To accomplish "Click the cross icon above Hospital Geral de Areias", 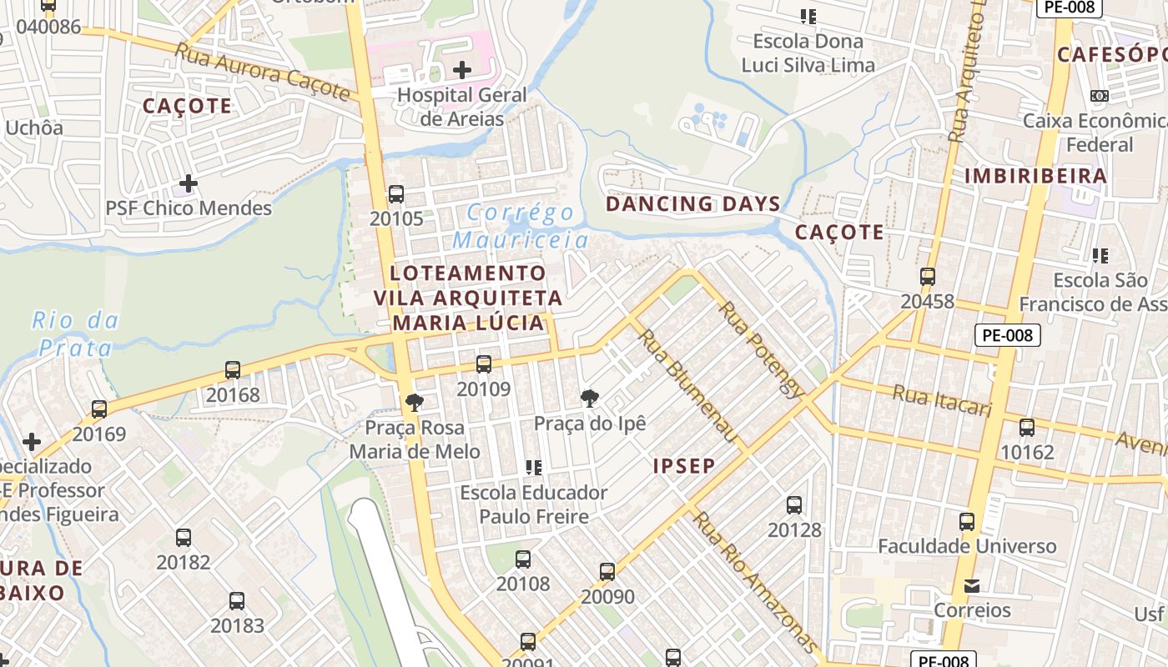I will coord(461,70).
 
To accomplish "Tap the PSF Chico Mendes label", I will coord(189,208).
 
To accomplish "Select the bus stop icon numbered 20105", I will coord(396,194).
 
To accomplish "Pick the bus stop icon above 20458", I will coord(927,277).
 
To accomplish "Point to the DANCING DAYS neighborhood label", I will coord(692,203).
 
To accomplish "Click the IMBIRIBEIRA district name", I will coord(1035,176).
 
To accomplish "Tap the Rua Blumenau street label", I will coord(689,387).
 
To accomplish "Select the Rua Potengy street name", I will coord(763,349).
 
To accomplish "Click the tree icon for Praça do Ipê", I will coord(590,398).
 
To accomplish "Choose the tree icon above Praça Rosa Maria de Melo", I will coord(414,403).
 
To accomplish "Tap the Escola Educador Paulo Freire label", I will coord(534,504).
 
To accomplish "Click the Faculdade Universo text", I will coord(967,547).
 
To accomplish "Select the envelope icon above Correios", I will coord(972,586).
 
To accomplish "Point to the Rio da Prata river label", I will coord(75,333).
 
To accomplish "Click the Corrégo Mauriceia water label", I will coord(521,227).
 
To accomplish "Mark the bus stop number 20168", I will coord(233,394).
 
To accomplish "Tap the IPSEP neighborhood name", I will coord(684,465).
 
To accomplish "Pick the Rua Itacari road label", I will coord(942,400).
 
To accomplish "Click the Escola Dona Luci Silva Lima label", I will coord(808,53).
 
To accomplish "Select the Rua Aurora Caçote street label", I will coord(262,72).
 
